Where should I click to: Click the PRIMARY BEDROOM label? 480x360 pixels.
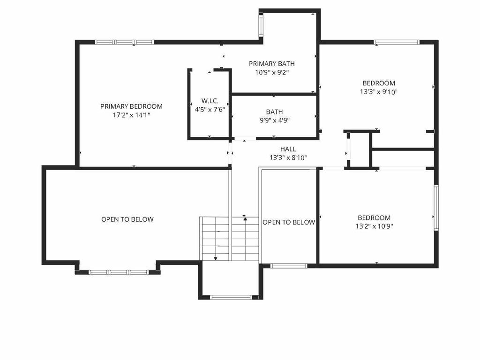coord(131,106)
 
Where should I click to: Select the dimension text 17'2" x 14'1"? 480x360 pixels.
coord(131,114)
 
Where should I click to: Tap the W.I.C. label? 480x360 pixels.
coord(209,101)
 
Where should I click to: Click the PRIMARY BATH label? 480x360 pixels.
coord(272,64)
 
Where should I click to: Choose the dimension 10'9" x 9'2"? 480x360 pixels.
coord(272,72)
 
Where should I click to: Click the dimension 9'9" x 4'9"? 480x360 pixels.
coord(274,120)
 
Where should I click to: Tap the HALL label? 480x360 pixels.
coord(288,149)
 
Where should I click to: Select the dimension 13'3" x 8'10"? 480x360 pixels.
coord(288,157)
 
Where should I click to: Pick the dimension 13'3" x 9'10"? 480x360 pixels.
coord(378,92)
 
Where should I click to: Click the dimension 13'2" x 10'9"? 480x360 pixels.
coord(374,226)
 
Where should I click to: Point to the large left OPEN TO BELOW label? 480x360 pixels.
coord(127,219)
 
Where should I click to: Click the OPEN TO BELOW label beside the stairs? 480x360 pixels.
coord(289,222)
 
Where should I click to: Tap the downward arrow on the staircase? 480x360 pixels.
coord(215,257)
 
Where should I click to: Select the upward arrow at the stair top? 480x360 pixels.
coord(245,217)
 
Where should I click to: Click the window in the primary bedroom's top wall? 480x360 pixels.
coord(124,42)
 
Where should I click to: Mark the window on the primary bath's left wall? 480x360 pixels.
coord(261,24)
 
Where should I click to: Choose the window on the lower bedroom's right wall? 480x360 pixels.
coord(436,208)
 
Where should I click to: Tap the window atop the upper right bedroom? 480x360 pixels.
coord(397,42)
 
